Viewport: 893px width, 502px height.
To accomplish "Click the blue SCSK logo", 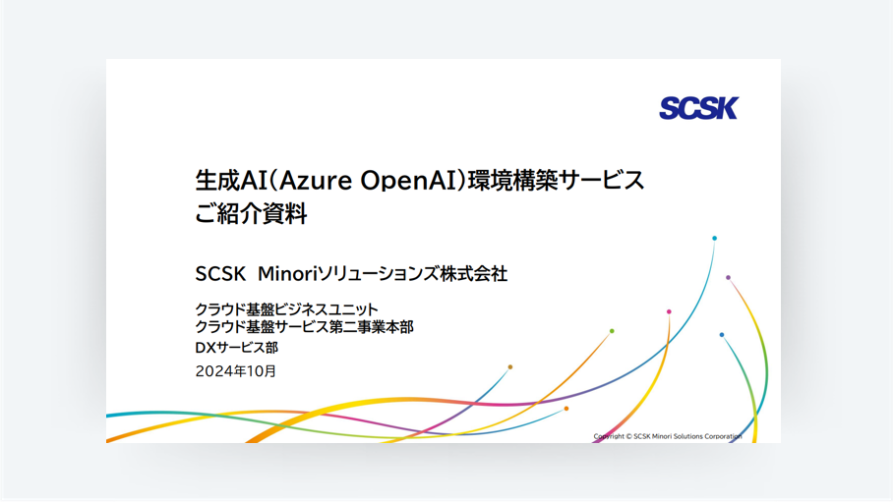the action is click(699, 108).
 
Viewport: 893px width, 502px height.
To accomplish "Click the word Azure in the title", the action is click(316, 181).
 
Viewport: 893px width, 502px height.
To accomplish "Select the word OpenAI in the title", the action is click(409, 182).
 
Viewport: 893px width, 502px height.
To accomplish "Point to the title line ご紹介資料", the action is click(251, 214).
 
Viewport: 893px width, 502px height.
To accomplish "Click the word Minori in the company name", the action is click(286, 274).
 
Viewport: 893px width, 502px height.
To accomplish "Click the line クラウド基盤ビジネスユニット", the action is click(286, 309).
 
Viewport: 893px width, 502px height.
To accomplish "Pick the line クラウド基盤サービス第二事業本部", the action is click(304, 327).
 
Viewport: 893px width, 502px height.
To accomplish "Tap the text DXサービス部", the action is click(236, 348).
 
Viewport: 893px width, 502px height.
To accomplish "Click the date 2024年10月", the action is click(236, 371).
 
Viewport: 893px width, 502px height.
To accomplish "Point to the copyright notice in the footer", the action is click(668, 436).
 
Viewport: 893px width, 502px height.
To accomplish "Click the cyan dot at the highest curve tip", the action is click(714, 239).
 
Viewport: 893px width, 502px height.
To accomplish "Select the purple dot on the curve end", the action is click(728, 278).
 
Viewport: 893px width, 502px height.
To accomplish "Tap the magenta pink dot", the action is click(669, 311).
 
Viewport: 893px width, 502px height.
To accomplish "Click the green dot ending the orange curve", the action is click(612, 331).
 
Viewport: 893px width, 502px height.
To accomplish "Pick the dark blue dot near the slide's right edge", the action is click(722, 335).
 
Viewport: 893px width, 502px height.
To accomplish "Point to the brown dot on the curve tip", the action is click(509, 367).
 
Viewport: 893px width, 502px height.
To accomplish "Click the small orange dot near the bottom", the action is click(566, 409).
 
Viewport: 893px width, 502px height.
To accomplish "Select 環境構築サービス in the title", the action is click(556, 181).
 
